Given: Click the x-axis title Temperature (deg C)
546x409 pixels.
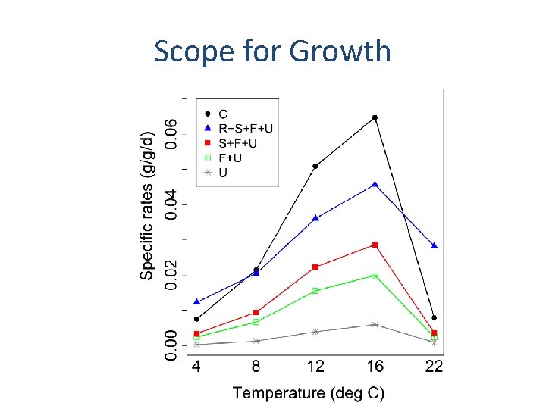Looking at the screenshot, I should click(x=309, y=392).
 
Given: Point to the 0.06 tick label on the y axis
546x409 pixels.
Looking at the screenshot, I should click(x=174, y=133).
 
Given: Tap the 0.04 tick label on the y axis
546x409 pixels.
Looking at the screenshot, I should click(x=174, y=204).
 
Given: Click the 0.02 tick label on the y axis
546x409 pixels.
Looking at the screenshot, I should click(x=174, y=275).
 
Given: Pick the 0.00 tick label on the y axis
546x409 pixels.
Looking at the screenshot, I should click(x=174, y=345).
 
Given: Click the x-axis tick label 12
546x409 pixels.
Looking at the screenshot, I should click(x=315, y=367).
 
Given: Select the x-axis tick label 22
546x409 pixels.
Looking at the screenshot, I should click(x=434, y=367).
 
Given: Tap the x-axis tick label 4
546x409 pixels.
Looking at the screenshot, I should click(x=196, y=367).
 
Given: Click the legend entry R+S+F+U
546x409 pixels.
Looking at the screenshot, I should click(x=245, y=129).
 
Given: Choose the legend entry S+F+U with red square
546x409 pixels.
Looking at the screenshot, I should click(x=237, y=143).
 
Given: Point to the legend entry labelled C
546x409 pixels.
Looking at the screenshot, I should click(x=223, y=114).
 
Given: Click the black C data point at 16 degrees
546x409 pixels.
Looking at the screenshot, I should click(x=375, y=117).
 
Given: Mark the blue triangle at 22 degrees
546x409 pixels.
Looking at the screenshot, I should click(x=434, y=245).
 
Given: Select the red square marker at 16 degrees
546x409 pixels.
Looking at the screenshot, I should click(x=375, y=245).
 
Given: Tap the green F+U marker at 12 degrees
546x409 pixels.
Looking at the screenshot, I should click(x=315, y=291).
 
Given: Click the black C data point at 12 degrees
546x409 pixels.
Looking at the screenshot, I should click(x=315, y=166).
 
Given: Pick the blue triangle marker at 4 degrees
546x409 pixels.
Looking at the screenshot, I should click(x=196, y=301).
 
